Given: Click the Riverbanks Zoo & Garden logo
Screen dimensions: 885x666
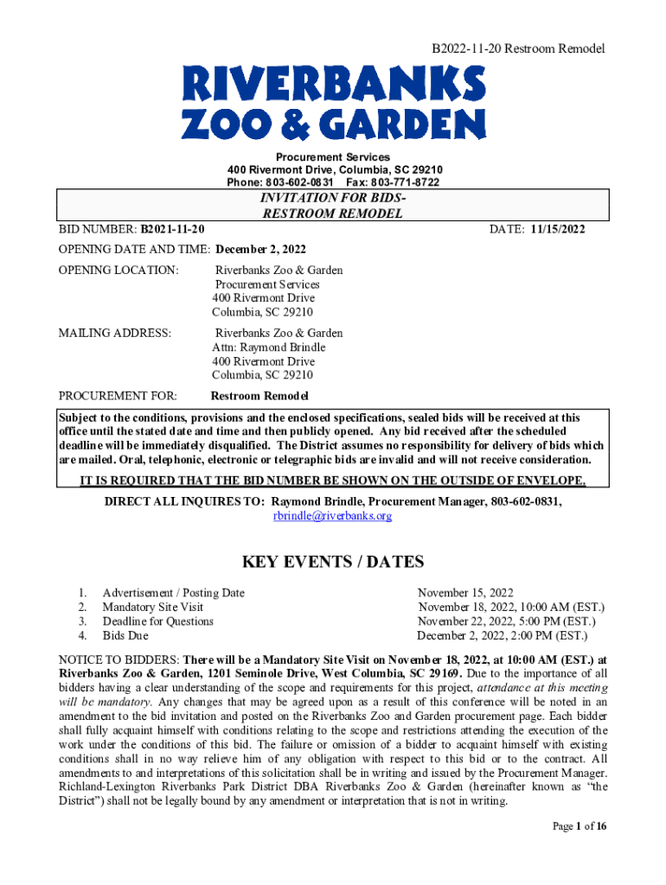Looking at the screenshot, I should [333, 105].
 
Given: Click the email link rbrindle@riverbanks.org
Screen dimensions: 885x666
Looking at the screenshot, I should [333, 516].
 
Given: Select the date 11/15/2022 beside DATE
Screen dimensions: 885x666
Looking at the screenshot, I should [555, 229].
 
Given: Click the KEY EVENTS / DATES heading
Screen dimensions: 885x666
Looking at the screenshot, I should [333, 563].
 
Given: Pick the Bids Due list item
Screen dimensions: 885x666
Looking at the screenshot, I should [125, 636].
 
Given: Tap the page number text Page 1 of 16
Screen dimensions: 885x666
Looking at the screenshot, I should [580, 826].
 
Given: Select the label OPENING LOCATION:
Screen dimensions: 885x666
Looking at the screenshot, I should [118, 271].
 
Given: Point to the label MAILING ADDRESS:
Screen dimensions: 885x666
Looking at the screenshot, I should [114, 333].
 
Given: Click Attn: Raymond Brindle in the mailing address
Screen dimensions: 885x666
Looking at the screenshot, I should [269, 347].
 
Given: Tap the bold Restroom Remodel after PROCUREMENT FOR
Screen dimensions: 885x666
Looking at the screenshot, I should [259, 396].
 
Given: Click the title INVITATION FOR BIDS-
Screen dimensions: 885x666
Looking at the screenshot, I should [333, 199].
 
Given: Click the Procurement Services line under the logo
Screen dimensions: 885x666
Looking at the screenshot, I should [333, 156].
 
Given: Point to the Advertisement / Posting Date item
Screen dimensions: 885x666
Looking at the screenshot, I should [173, 593].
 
